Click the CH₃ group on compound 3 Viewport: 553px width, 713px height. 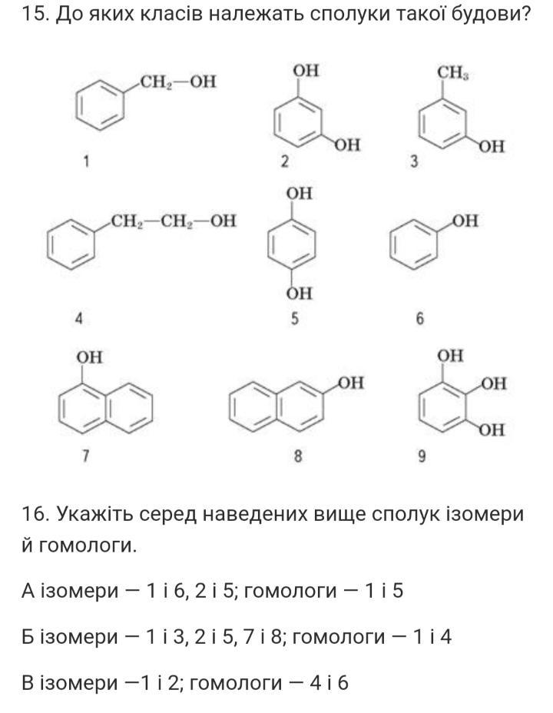click(453, 72)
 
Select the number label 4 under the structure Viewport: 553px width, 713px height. click(79, 319)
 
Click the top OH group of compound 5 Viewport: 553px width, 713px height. click(299, 194)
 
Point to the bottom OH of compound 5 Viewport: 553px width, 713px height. click(299, 293)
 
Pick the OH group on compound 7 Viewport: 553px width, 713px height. click(90, 357)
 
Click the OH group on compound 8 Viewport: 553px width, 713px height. click(351, 383)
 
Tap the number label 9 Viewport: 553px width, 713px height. click(422, 456)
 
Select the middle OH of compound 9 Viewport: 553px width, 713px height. click(493, 383)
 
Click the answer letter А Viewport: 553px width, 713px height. click(28, 591)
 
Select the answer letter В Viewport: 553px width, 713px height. click(28, 682)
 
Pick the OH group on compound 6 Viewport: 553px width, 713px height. click(465, 221)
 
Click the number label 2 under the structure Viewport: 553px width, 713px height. click(284, 161)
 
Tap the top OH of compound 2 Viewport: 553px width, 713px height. click(306, 71)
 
